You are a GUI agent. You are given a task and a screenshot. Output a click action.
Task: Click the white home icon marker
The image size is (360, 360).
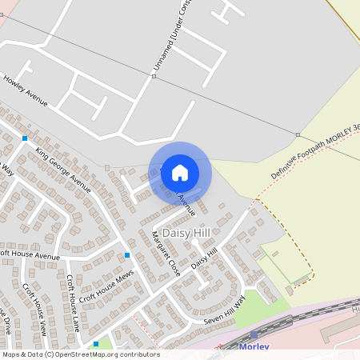click(x=180, y=172)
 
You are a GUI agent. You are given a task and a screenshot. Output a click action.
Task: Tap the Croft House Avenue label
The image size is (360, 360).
click(x=30, y=256)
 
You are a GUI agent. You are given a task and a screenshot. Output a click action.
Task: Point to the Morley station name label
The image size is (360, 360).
click(x=254, y=346)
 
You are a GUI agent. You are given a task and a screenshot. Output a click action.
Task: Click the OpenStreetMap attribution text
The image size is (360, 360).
click(x=80, y=354)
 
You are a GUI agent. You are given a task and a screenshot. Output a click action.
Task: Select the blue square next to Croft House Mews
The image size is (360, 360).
click(x=126, y=255)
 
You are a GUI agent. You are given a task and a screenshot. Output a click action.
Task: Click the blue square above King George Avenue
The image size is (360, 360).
click(x=25, y=138)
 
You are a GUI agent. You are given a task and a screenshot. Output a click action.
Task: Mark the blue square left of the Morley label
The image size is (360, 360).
click(x=96, y=344)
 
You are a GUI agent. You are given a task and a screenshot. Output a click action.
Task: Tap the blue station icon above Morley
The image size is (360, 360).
click(x=254, y=334)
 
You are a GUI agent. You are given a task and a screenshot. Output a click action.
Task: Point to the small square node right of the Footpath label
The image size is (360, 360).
click(x=298, y=134)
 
